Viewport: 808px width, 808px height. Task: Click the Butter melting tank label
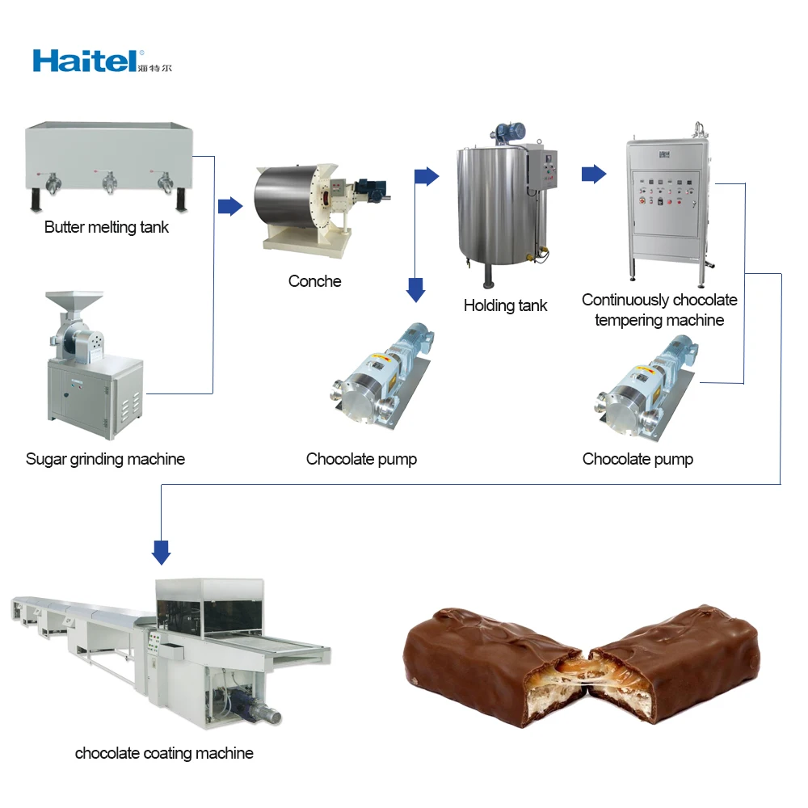pos(107,228)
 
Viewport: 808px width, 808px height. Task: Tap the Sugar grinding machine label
pos(105,460)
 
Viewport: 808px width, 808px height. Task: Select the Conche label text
pos(314,281)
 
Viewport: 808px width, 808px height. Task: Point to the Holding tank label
pos(505,305)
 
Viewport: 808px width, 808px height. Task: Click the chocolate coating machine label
pos(164,753)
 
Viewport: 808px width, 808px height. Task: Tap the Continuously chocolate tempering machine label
pos(659,310)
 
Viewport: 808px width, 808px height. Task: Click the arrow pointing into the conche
pos(230,206)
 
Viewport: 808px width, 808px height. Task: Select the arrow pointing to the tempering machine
pos(594,174)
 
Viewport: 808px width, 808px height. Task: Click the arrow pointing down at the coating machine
pos(162,553)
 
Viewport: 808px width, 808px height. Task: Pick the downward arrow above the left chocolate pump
pos(415,289)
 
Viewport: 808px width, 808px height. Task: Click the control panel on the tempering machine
pos(664,192)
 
